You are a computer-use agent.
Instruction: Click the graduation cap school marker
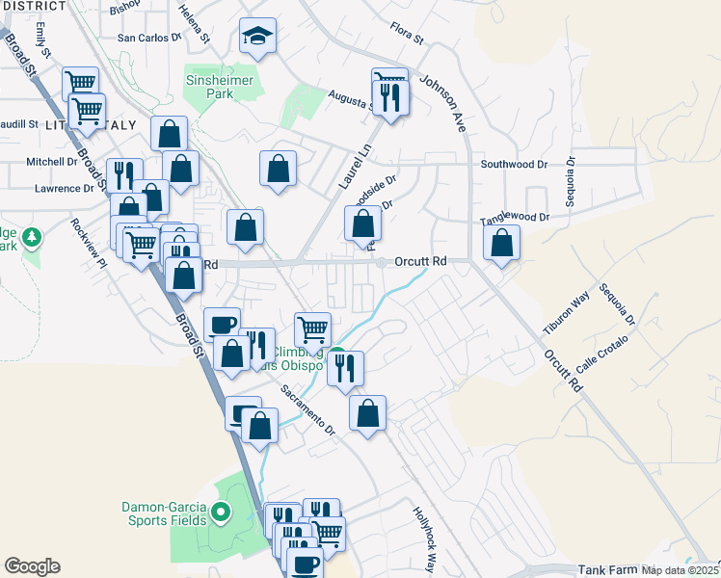pyautogui.click(x=257, y=38)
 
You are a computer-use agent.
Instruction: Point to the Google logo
pyautogui.click(x=32, y=566)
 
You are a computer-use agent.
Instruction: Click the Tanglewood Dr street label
pyautogui.click(x=515, y=219)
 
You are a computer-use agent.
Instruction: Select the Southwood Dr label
pyautogui.click(x=514, y=165)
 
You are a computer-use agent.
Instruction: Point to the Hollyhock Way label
pyautogui.click(x=425, y=539)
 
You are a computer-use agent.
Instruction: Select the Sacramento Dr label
pyautogui.click(x=307, y=409)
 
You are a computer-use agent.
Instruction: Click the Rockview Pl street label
pyautogui.click(x=86, y=244)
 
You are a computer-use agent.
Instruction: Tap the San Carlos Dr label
pyautogui.click(x=148, y=39)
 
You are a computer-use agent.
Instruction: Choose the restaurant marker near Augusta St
pyautogui.click(x=389, y=99)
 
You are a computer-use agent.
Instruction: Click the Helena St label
pyautogui.click(x=195, y=23)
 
